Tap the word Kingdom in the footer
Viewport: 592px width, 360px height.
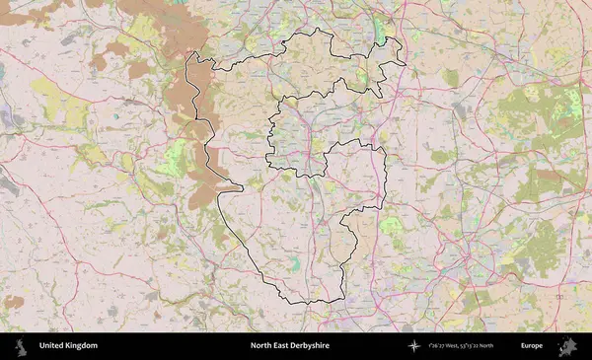point(81,346)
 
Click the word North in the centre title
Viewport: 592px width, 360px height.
point(261,346)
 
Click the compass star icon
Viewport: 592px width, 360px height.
point(414,346)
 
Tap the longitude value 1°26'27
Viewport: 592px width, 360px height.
point(439,346)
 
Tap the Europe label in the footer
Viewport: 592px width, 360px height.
point(532,346)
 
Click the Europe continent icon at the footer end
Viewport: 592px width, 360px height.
point(567,346)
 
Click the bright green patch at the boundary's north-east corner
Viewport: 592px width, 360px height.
point(381,33)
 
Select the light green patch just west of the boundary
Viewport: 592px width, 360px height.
point(175,158)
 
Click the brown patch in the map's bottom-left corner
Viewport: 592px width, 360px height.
point(13,302)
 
